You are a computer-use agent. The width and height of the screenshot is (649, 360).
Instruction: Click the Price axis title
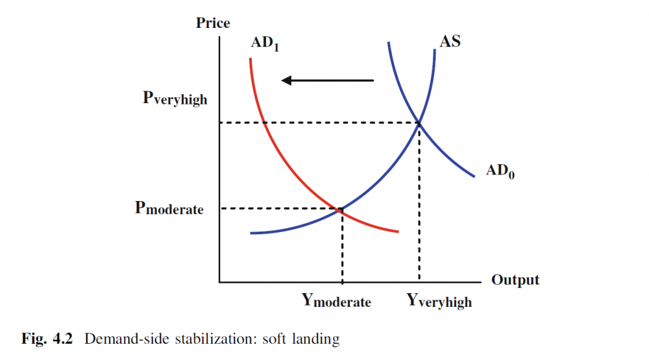click(x=213, y=23)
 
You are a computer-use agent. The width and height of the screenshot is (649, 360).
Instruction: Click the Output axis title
click(x=515, y=280)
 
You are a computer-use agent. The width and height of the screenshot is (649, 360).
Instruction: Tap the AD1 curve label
click(x=265, y=45)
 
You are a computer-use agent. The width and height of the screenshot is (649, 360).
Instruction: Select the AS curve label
click(x=450, y=43)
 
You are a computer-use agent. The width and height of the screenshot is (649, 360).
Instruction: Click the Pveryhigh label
click(x=175, y=99)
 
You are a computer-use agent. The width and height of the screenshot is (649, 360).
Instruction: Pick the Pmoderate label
click(x=169, y=209)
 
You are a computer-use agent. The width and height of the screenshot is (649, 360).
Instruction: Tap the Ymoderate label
click(x=336, y=300)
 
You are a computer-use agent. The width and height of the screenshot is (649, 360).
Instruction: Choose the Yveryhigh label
click(x=439, y=300)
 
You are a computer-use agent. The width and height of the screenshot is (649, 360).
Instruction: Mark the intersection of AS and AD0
click(x=419, y=123)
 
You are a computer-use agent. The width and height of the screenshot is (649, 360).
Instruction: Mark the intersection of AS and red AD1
click(x=339, y=209)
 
